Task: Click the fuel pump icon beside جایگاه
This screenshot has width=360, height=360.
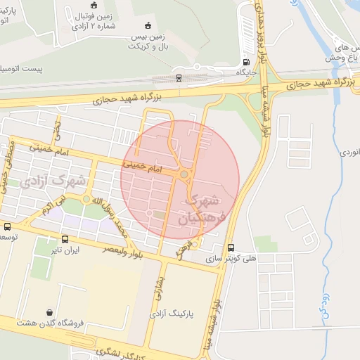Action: pyautogui.click(x=245, y=60)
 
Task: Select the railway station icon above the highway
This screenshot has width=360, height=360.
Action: pyautogui.click(x=179, y=77)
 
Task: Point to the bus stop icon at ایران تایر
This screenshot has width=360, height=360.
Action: pyautogui.click(x=65, y=239)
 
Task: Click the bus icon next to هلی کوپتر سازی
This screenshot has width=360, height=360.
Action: pyautogui.click(x=231, y=247)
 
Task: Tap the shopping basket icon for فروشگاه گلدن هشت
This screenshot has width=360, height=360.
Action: pyautogui.click(x=49, y=312)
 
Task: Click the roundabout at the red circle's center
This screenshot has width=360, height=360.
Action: pyautogui.click(x=184, y=174)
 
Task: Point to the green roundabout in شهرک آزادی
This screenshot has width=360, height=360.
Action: pyautogui.click(x=86, y=200)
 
